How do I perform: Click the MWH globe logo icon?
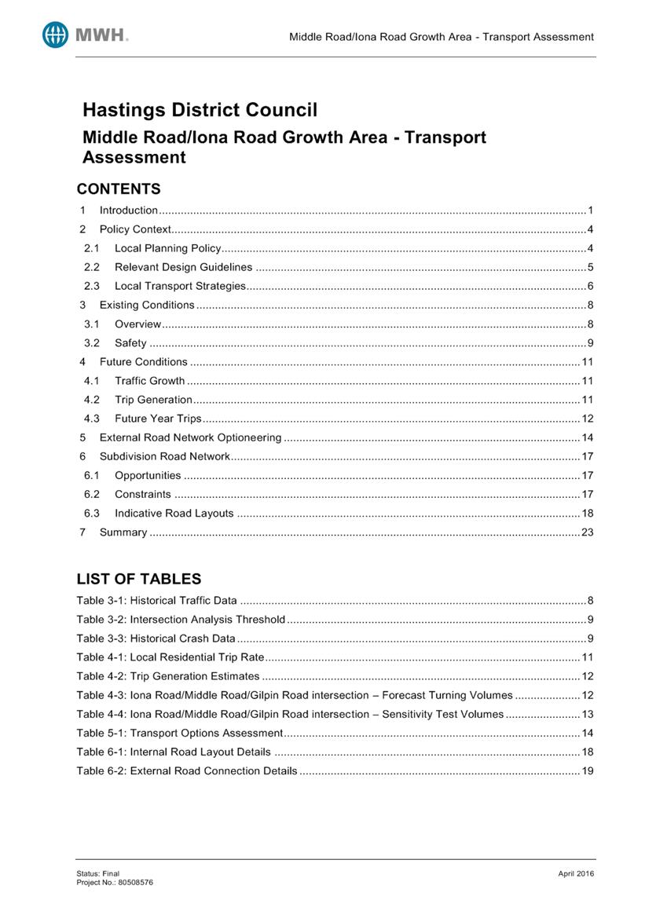(x=56, y=35)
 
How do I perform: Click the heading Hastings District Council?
(x=200, y=110)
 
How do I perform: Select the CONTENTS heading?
(x=118, y=188)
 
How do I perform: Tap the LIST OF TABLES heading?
(x=138, y=579)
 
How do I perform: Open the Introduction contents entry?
(x=129, y=210)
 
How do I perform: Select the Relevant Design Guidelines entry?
(x=183, y=267)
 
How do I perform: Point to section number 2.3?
(x=92, y=286)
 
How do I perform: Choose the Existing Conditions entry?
(x=147, y=305)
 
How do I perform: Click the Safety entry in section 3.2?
(x=130, y=342)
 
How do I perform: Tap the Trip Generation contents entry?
(x=153, y=399)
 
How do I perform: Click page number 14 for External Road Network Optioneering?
(x=587, y=437)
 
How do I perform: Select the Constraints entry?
(x=142, y=494)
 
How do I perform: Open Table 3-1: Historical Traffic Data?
(x=156, y=601)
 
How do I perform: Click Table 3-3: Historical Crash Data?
(x=156, y=638)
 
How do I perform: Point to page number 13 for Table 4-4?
(x=587, y=714)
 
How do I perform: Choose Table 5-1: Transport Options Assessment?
(x=179, y=733)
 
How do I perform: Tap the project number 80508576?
(x=136, y=882)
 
